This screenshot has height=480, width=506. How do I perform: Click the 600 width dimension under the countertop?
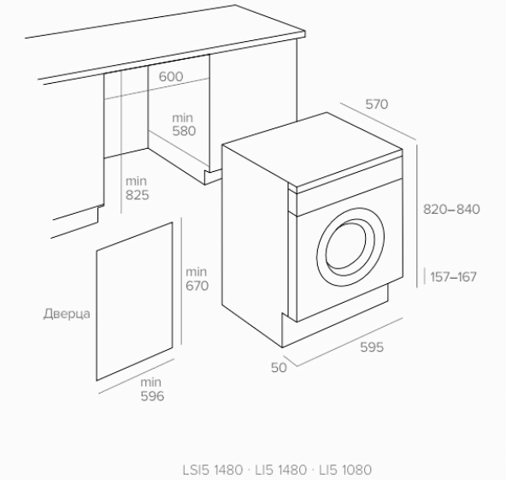(171, 76)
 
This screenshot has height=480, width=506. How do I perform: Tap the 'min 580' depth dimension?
(184, 124)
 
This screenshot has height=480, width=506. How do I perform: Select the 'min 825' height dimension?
(137, 188)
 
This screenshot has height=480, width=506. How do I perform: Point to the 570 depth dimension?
(377, 104)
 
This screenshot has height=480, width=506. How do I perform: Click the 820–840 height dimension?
(451, 210)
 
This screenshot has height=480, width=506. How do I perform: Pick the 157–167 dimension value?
(453, 277)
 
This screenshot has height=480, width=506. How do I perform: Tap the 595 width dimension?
(372, 347)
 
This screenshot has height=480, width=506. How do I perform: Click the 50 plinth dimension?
(279, 368)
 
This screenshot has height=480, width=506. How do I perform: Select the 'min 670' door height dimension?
(197, 279)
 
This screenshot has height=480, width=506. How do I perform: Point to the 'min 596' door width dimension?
(152, 389)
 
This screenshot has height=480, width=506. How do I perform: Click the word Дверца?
(67, 314)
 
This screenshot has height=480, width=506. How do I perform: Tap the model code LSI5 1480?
(213, 470)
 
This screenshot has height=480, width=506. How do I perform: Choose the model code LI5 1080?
(345, 470)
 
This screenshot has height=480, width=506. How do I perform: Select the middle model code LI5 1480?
(280, 470)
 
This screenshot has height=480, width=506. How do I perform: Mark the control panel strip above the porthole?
(350, 197)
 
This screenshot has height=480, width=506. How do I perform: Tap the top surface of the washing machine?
(313, 150)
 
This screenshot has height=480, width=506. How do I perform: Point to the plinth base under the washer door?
(336, 319)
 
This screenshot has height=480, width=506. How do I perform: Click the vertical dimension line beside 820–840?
(417, 216)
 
